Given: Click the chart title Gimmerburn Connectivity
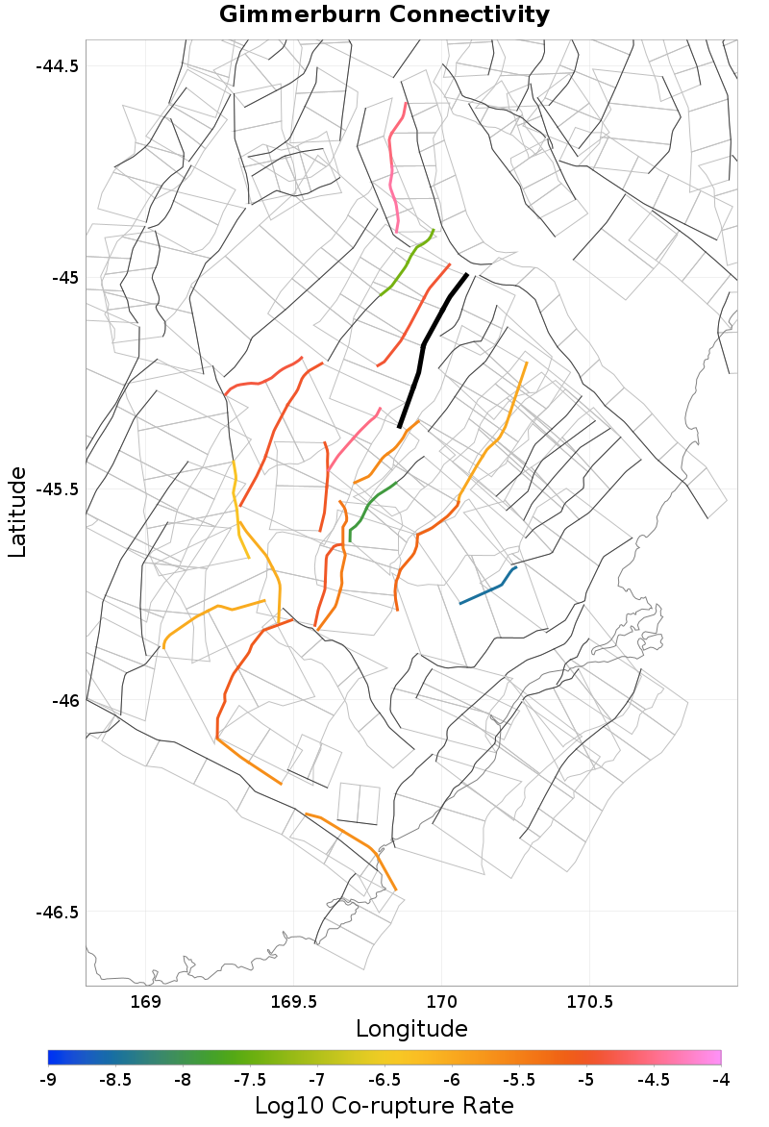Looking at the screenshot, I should pos(384,15).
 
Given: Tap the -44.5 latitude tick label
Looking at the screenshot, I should pos(57,66).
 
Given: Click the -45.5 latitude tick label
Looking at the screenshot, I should pos(57,489).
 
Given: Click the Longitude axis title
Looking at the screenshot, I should pos(411,1029).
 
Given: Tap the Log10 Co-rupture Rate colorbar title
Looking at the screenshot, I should pos(384,1106).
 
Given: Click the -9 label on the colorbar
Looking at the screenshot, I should pos(48,1080).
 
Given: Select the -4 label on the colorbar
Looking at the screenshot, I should pos(721,1080).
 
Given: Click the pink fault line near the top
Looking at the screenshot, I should pos(392,173).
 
